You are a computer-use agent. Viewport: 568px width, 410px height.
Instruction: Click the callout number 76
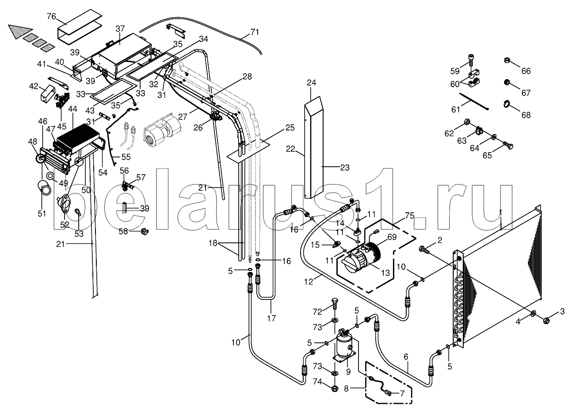tap(51, 16)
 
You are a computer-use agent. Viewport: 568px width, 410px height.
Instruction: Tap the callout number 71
tap(255, 32)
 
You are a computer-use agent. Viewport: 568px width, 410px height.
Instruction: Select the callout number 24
tap(311, 83)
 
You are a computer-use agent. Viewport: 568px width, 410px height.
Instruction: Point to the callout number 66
tap(526, 71)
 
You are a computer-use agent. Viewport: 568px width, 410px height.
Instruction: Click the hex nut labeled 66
tap(507, 61)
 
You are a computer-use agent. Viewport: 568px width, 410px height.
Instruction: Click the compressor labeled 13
tap(362, 257)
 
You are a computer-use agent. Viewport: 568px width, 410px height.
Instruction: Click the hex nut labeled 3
tap(547, 320)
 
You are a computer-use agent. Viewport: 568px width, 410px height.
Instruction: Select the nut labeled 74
tap(335, 388)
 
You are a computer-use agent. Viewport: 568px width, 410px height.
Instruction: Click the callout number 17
tap(271, 318)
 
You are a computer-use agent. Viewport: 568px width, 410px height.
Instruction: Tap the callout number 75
tap(409, 216)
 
